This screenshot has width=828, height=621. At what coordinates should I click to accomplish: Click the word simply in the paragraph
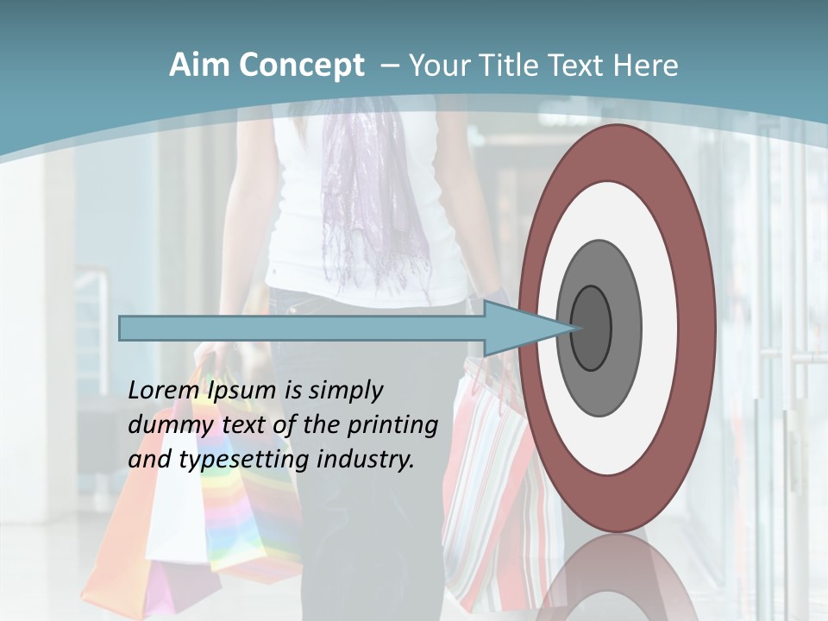346,391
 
